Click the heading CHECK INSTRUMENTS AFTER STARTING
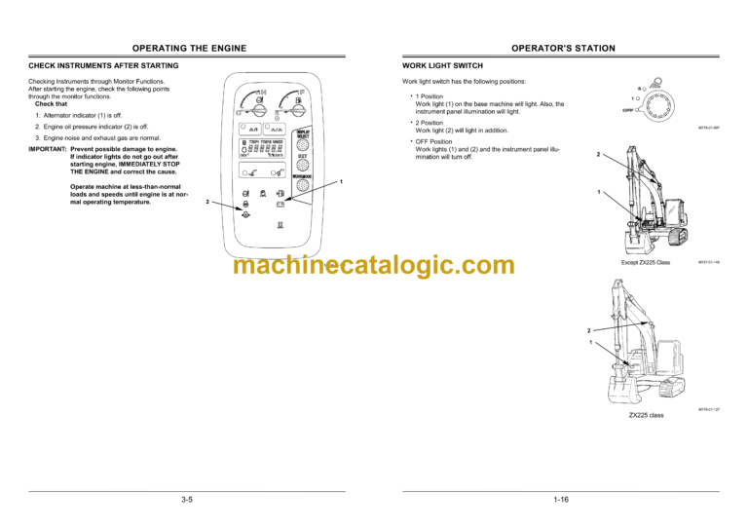103,65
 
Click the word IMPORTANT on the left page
48,149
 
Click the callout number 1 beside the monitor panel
340,183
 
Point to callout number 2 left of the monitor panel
206,203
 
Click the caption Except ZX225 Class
646,263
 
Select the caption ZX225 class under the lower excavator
646,415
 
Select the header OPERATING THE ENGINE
189,47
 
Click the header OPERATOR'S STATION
560,47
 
